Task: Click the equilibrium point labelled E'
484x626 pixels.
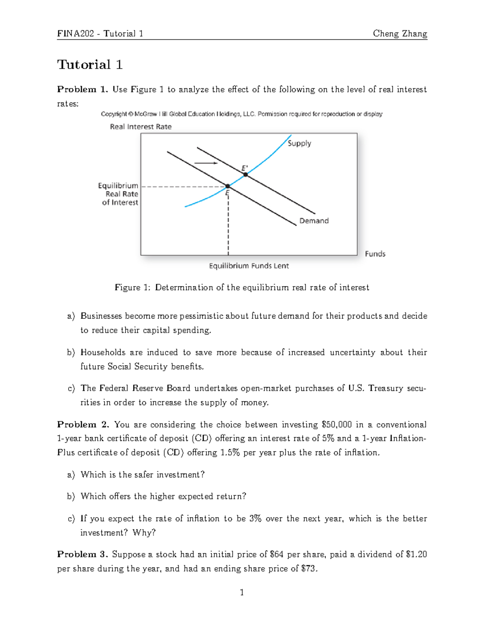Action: (245, 175)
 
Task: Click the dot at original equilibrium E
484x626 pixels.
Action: (227, 186)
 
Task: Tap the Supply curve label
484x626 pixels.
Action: (299, 143)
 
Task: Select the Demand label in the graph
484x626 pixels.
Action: (314, 221)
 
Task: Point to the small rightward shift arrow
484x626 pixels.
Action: (206, 163)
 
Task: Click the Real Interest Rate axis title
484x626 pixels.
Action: (141, 127)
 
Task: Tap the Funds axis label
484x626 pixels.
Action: (375, 254)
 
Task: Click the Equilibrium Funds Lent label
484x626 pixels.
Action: (249, 266)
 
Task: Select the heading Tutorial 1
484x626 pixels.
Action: (90, 64)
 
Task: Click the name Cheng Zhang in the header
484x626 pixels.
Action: (400, 33)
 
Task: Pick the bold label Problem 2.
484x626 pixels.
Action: (83, 424)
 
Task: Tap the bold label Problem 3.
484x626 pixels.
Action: (83, 554)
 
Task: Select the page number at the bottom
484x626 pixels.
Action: (242, 592)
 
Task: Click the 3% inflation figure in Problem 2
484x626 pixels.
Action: (255, 518)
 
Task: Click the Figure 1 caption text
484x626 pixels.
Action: (242, 287)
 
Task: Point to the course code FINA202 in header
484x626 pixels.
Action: (76, 33)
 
